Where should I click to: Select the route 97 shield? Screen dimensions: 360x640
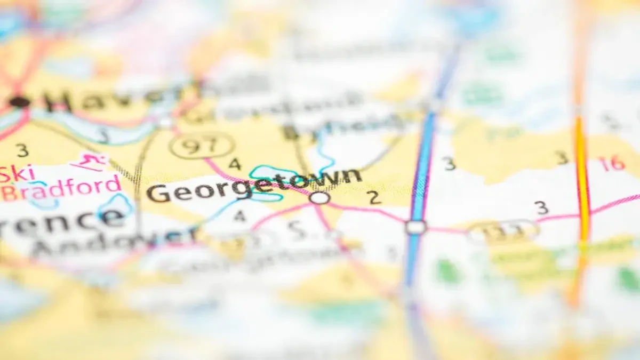click(202, 145)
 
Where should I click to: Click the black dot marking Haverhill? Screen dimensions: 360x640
click(19, 101)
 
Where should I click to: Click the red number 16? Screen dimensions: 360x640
click(611, 164)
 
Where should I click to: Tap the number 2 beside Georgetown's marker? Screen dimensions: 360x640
click(374, 197)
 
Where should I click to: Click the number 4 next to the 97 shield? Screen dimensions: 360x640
click(235, 164)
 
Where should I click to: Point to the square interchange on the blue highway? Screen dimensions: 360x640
click(415, 227)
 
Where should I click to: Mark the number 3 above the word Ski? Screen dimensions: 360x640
click(22, 150)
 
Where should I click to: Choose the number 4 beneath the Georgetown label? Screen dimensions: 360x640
click(239, 216)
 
